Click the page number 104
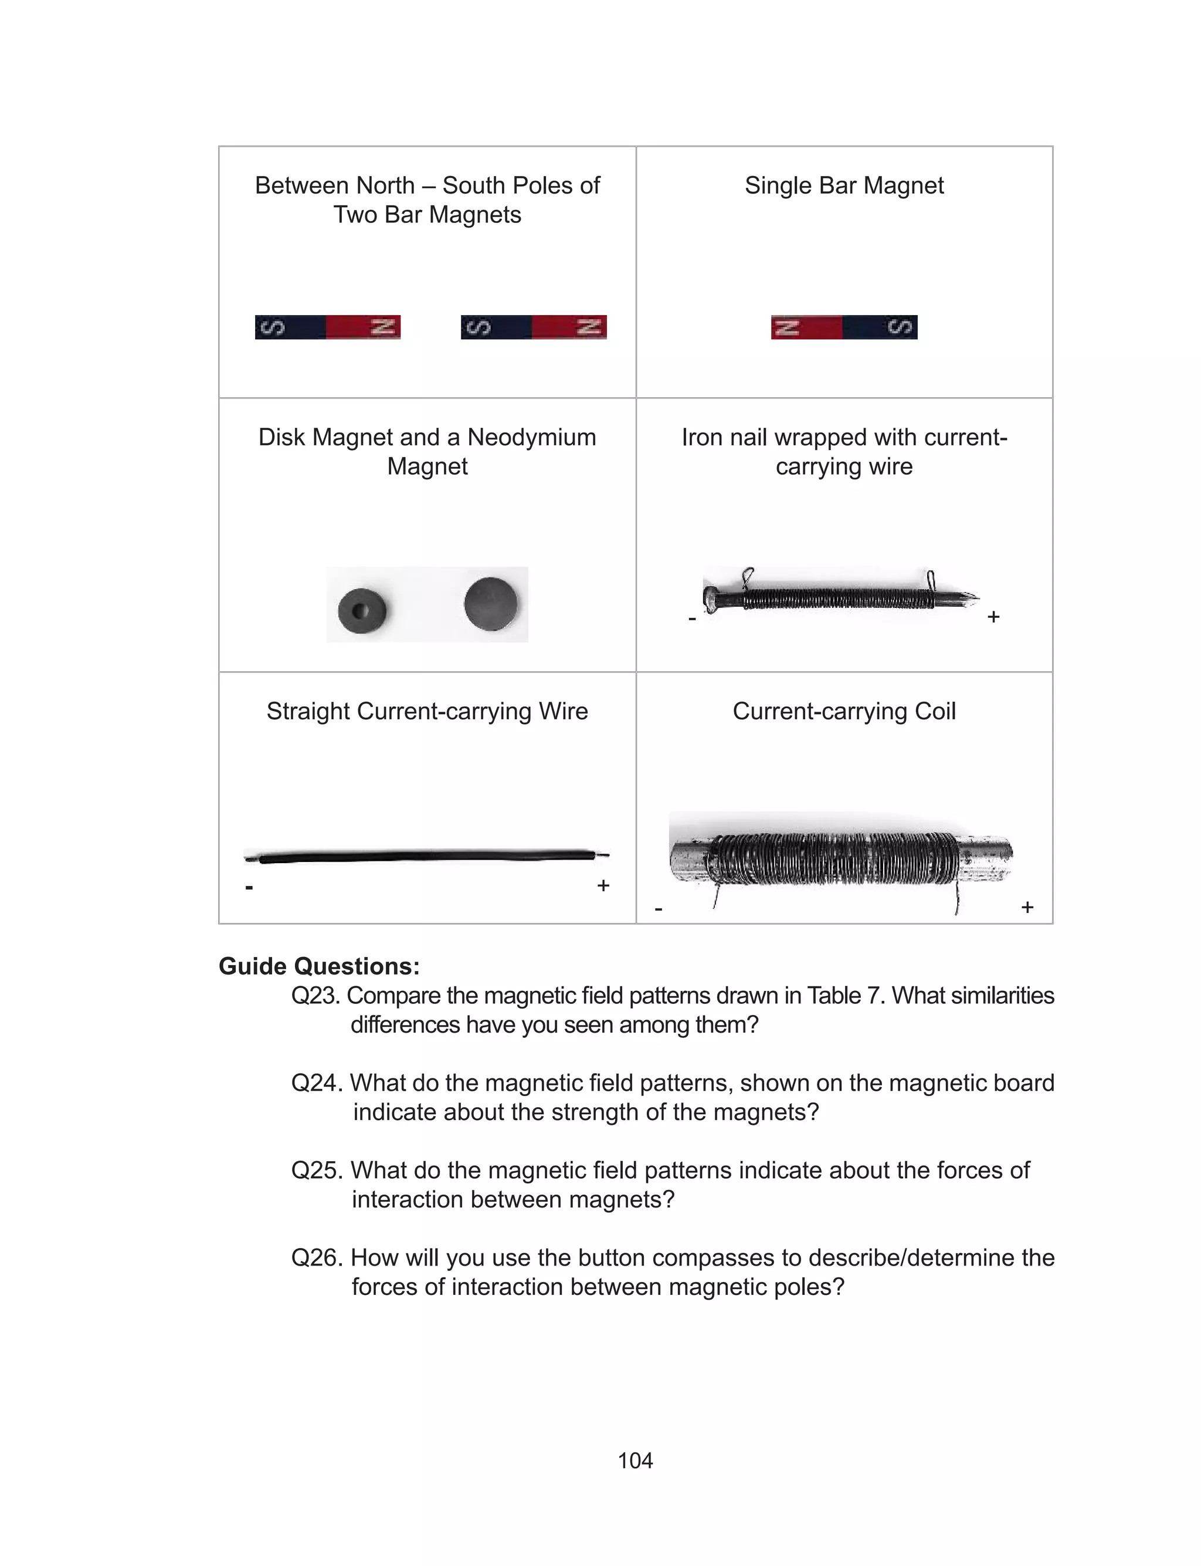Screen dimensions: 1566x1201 click(635, 1460)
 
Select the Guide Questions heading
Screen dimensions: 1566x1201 click(319, 966)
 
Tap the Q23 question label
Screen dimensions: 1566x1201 click(315, 995)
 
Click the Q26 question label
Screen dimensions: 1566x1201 click(317, 1257)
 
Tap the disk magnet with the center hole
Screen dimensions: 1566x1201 click(362, 611)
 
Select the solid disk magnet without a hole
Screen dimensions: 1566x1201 click(490, 603)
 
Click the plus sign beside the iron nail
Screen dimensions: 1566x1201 click(993, 617)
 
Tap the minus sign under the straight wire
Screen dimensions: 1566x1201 click(249, 887)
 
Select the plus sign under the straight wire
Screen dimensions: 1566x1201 click(603, 886)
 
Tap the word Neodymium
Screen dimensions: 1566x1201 click(531, 437)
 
